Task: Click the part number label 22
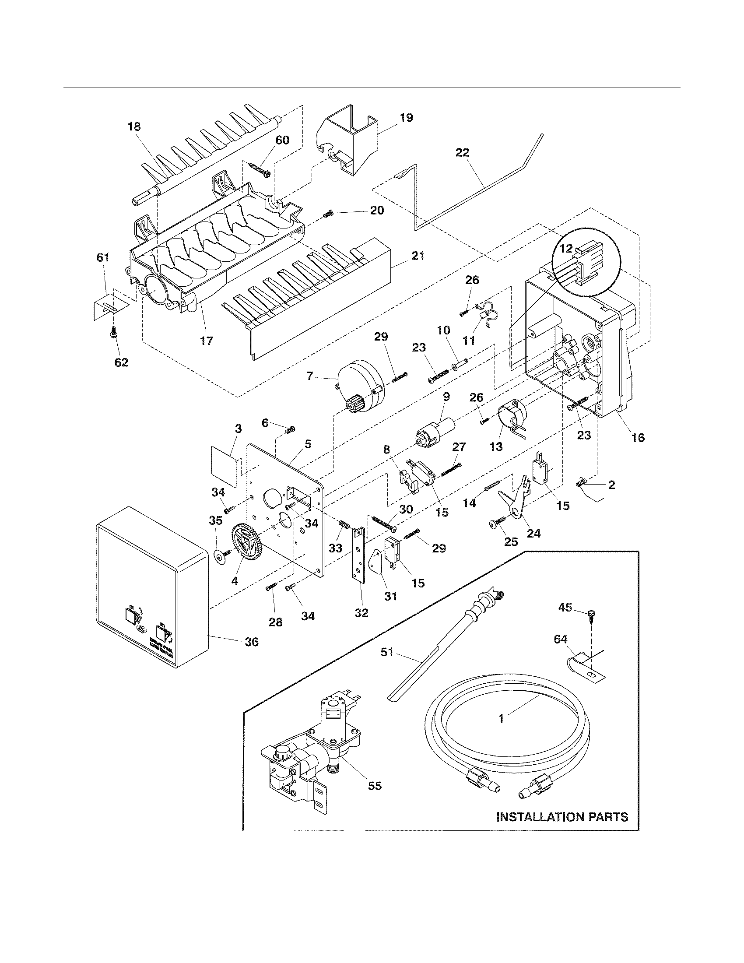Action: coord(462,153)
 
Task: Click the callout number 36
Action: coord(252,642)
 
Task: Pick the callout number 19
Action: coord(406,118)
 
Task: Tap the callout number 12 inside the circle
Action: coord(566,249)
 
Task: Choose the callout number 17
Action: coord(206,341)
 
